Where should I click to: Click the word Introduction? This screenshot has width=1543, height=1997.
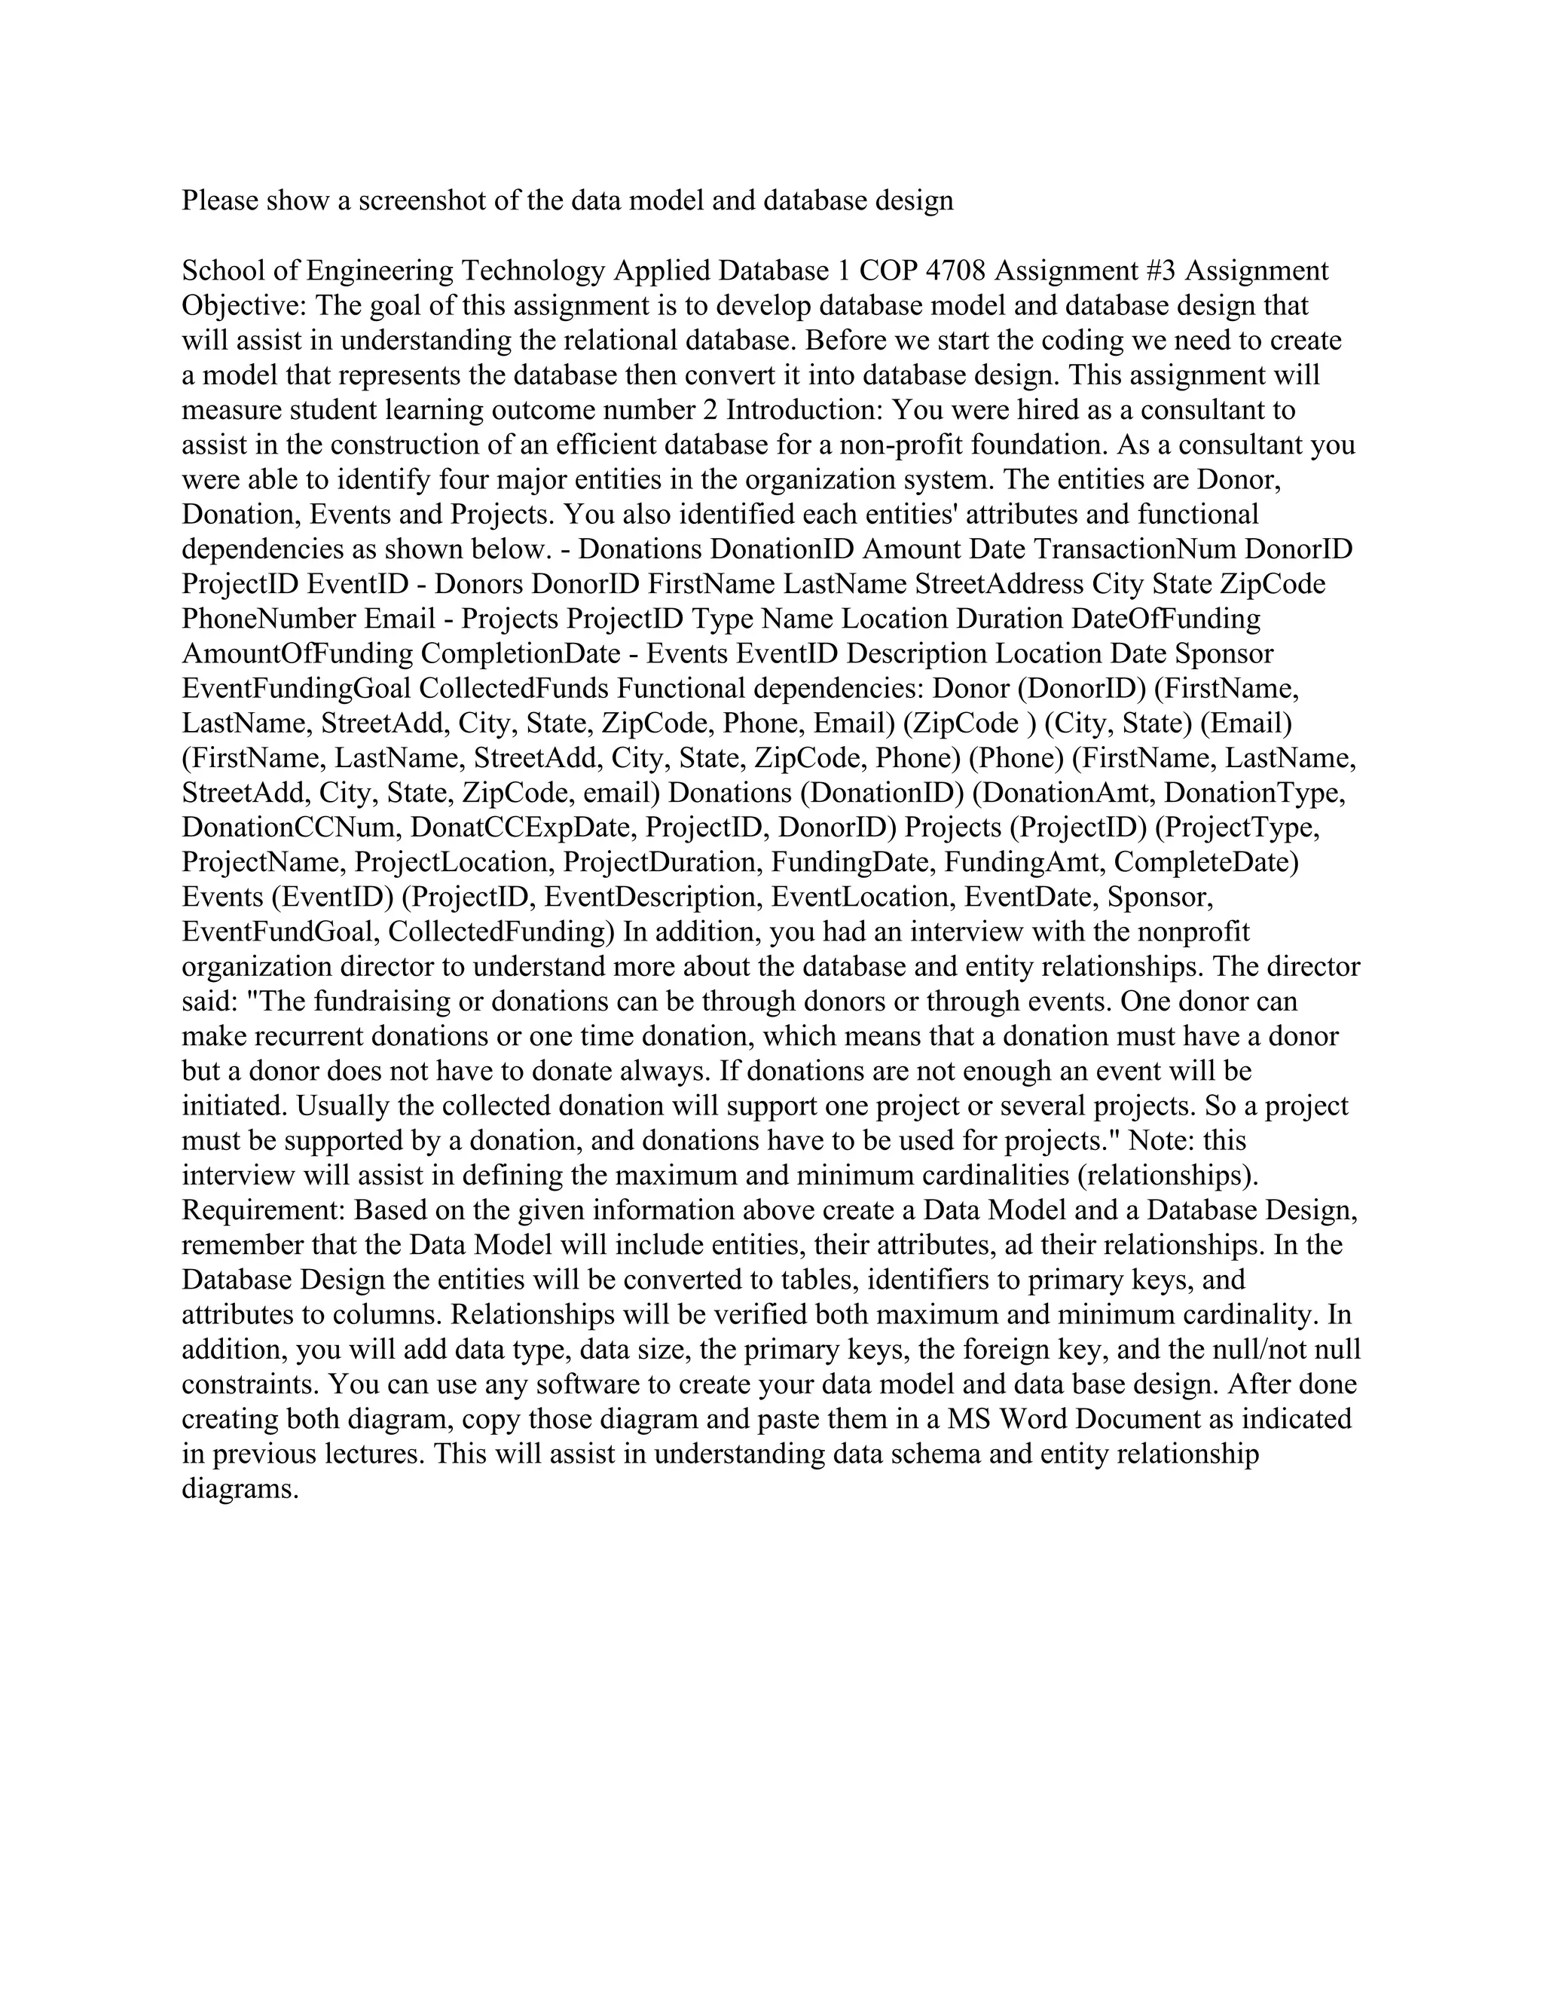click(805, 410)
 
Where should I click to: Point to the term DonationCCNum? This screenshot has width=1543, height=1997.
click(292, 827)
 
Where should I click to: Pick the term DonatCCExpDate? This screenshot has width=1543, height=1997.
click(524, 827)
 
